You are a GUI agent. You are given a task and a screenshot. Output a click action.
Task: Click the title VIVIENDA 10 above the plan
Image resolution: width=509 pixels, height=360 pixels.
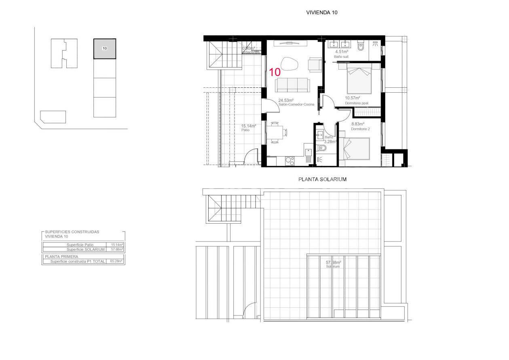click(x=322, y=13)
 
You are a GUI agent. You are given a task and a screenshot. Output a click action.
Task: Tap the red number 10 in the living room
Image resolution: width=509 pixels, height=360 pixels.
click(x=275, y=72)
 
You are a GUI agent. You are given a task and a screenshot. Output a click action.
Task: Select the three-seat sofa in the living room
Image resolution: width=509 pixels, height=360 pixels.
click(x=292, y=85)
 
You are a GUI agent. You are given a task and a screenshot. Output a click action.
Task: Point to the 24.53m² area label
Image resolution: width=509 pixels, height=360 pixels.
click(x=286, y=100)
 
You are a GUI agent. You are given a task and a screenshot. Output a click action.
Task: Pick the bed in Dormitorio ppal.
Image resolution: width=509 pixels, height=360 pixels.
click(x=359, y=80)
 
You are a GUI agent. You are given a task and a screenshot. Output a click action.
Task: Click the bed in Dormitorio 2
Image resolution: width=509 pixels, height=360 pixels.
click(x=356, y=149)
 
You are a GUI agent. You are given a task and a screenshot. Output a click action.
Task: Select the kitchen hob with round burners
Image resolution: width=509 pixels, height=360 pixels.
click(x=289, y=161)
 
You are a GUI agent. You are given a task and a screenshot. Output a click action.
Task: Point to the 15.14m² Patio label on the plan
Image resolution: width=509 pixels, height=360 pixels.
click(x=249, y=126)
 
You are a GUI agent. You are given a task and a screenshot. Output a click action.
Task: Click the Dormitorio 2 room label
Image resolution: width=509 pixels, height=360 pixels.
click(x=360, y=129)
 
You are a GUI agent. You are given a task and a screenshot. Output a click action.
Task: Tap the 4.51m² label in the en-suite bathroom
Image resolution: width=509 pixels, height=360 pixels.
click(x=342, y=52)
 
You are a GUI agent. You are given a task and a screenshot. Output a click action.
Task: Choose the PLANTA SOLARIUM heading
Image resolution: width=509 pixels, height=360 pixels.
click(x=322, y=179)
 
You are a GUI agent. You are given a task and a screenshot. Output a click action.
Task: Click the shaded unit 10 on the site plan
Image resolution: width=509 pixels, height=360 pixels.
click(x=105, y=49)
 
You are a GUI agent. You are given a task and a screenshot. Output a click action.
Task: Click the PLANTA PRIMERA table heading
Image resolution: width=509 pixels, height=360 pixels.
click(x=62, y=256)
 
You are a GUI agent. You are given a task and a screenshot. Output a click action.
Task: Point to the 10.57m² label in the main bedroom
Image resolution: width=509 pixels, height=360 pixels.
click(x=352, y=98)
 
